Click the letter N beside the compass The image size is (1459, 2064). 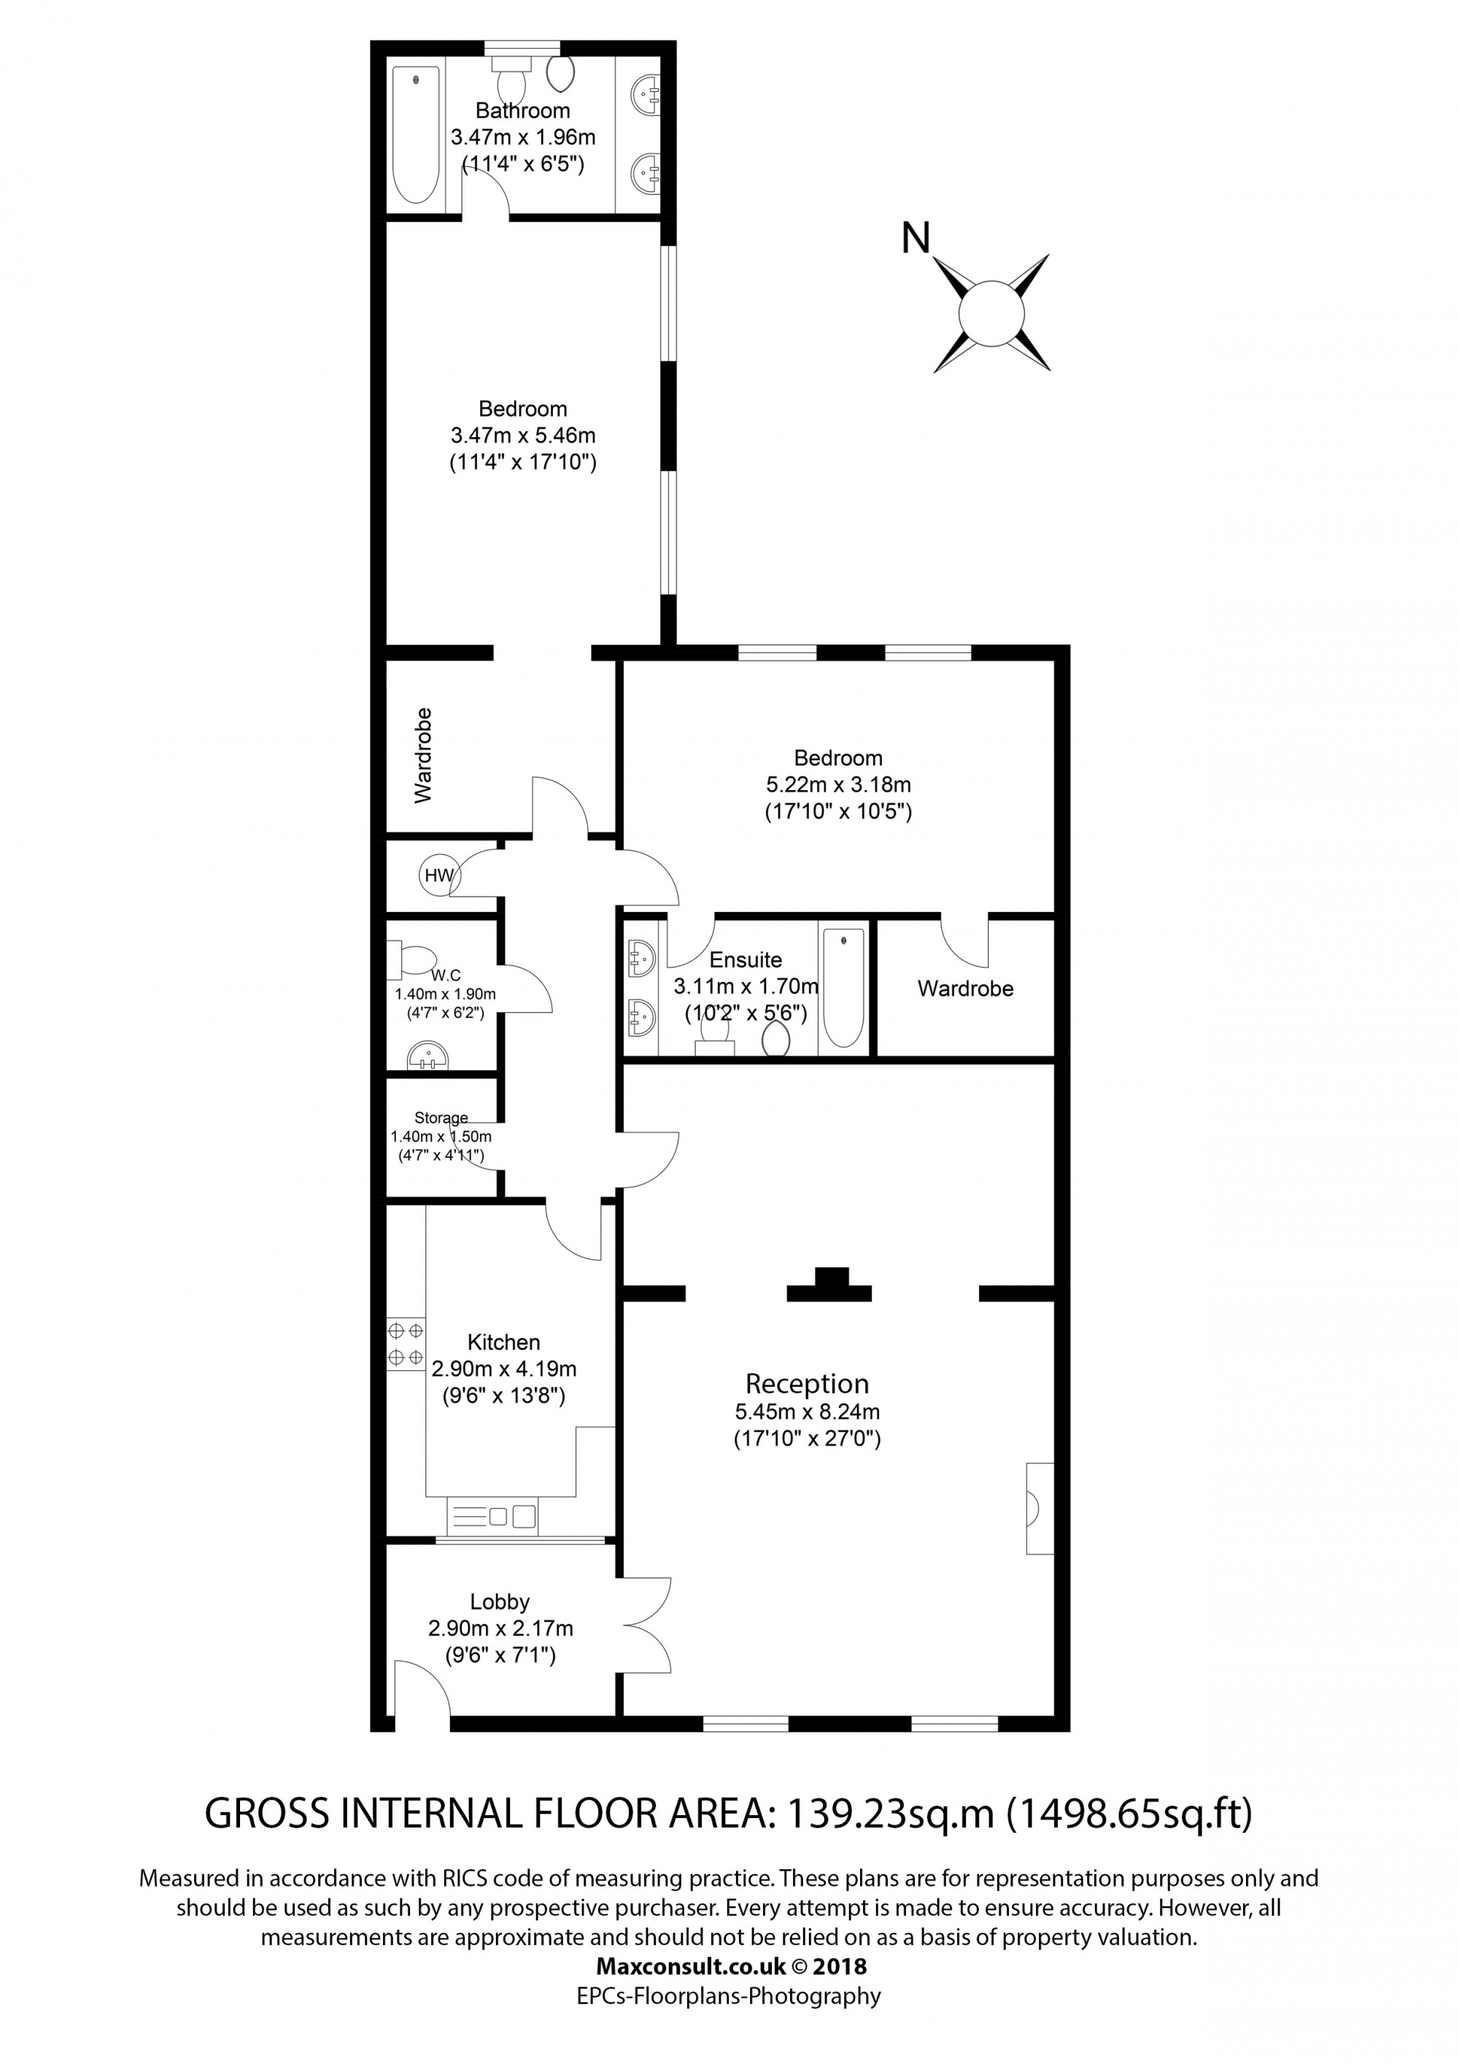pyautogui.click(x=915, y=239)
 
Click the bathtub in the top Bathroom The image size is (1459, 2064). pyautogui.click(x=417, y=135)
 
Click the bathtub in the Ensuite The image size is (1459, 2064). pyautogui.click(x=843, y=988)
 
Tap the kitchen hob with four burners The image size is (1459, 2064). pyautogui.click(x=406, y=1344)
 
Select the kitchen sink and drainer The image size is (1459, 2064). pyautogui.click(x=492, y=1518)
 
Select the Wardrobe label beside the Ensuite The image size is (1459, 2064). pyautogui.click(x=965, y=989)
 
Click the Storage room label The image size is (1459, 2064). pyautogui.click(x=441, y=1118)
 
